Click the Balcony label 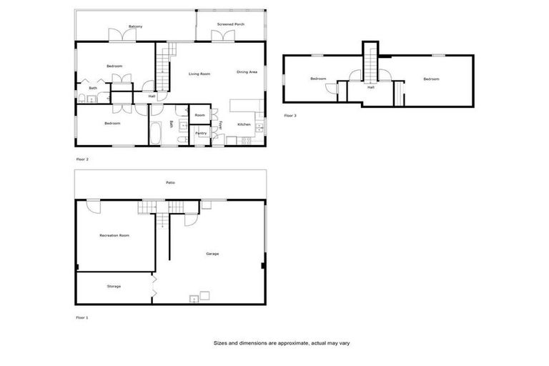(x=135, y=26)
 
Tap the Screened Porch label (x=231, y=24)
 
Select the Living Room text (x=199, y=74)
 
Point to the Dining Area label (x=247, y=72)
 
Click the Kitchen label (x=244, y=124)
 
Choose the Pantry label (x=201, y=133)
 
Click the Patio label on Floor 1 (x=171, y=183)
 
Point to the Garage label (x=212, y=254)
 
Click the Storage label (x=114, y=287)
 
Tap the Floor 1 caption (x=82, y=317)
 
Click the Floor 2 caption (x=82, y=159)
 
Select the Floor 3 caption (x=290, y=115)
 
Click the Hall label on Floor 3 (x=370, y=88)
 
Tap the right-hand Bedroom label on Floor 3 (x=430, y=79)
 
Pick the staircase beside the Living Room (x=164, y=68)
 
